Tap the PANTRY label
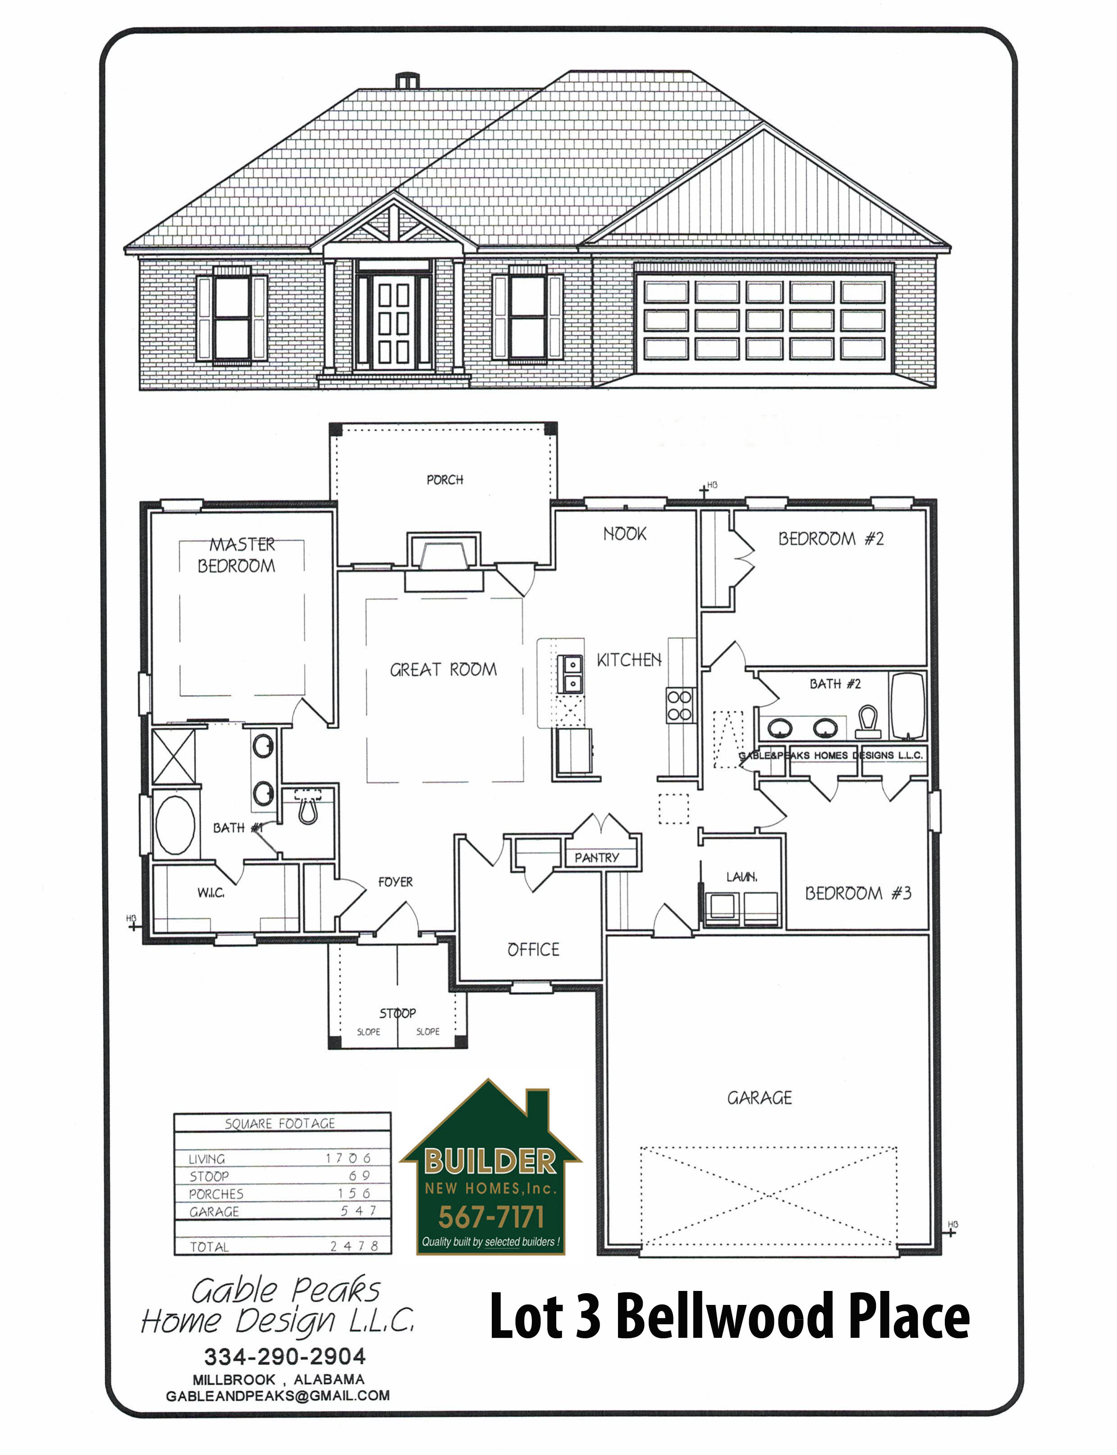596,857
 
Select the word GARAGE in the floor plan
759,1098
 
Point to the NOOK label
624,534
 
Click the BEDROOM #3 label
858,893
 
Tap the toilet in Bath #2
868,723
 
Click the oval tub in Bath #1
175,825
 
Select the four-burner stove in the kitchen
679,705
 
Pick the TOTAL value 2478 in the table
354,1246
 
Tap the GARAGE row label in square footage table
214,1212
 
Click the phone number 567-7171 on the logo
491,1217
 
